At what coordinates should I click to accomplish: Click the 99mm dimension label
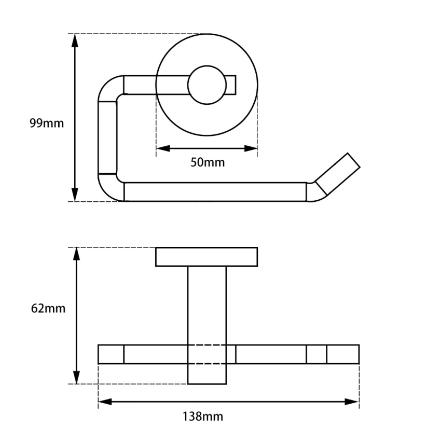coord(47,123)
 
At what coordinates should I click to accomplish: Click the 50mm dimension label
coord(208,162)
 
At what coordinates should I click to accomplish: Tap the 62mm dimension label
coord(48,309)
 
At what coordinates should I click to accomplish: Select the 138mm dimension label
coord(202,416)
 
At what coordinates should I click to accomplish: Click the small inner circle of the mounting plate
coord(206,85)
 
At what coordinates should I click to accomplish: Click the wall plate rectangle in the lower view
coord(206,257)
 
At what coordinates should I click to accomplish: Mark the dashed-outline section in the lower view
coord(206,354)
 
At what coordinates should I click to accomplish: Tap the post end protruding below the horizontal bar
coord(206,374)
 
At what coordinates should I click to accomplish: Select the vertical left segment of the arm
coord(107,137)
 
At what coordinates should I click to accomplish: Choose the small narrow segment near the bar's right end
coord(316,354)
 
